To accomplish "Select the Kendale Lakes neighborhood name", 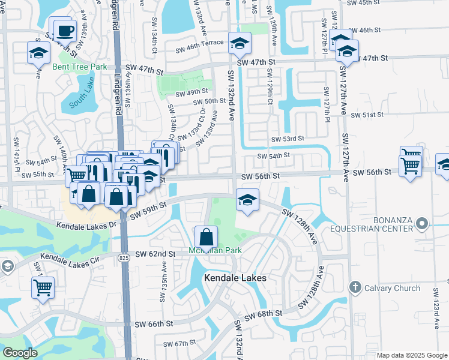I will (235, 278).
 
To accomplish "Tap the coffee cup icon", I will (64, 30).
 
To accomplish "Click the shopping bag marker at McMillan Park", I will (206, 236).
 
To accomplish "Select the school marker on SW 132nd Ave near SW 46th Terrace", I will (240, 43).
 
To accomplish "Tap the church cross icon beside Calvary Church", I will (355, 288).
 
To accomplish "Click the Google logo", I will (20, 353).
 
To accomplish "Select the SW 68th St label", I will (262, 314).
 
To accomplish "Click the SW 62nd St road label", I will (155, 254).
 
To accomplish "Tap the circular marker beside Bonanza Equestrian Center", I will (422, 224).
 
